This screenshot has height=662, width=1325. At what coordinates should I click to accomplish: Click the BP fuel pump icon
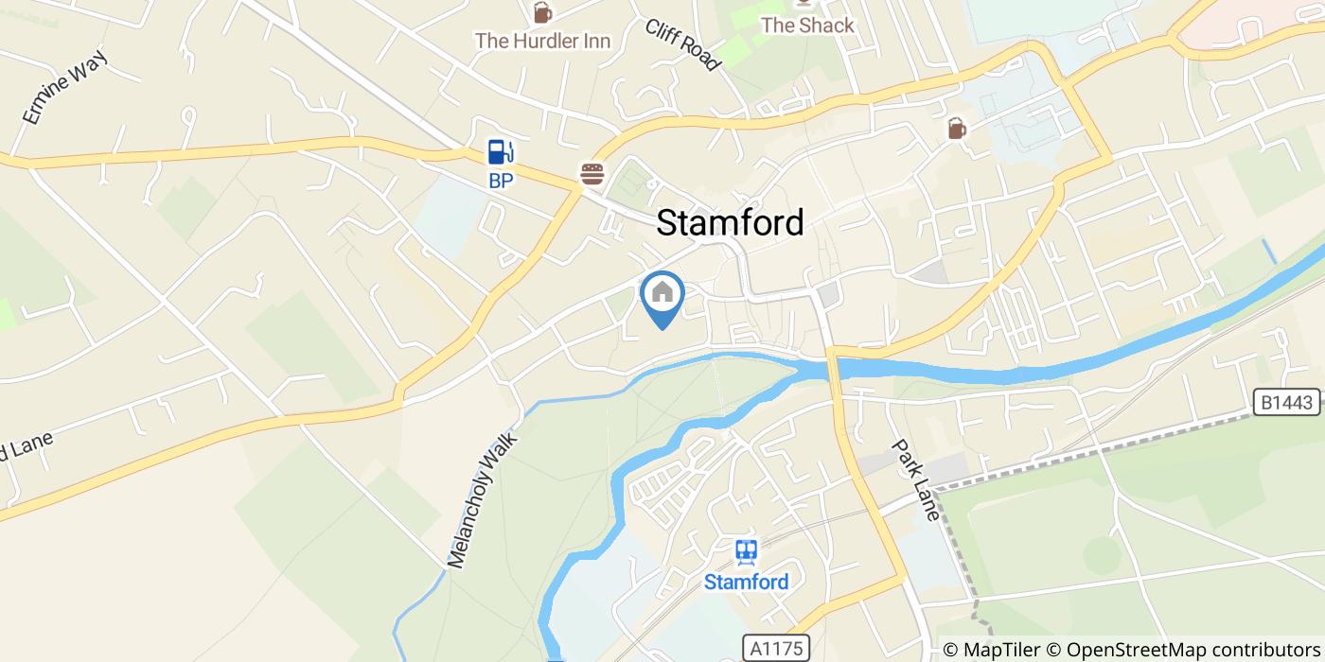501,151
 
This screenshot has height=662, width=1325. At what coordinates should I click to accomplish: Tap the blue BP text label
501,181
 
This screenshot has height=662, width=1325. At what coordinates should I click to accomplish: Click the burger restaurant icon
592,173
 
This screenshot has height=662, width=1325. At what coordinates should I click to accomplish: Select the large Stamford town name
730,222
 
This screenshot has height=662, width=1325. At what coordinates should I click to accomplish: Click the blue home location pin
662,296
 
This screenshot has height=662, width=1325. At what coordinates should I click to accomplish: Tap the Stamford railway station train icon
746,551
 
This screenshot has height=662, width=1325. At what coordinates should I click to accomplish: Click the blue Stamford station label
746,582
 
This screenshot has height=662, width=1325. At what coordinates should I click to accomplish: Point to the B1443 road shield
1288,402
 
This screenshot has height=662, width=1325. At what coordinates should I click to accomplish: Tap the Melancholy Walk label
483,500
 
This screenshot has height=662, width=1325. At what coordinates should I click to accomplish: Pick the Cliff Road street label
682,44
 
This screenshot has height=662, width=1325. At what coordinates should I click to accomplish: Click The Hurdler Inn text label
542,41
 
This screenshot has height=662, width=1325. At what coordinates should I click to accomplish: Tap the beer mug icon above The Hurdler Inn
542,12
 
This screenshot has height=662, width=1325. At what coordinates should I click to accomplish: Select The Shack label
807,26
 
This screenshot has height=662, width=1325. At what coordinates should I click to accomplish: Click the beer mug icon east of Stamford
957,128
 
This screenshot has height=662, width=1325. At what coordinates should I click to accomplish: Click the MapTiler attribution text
992,650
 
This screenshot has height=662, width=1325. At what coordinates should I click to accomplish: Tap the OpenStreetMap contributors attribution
1183,650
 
